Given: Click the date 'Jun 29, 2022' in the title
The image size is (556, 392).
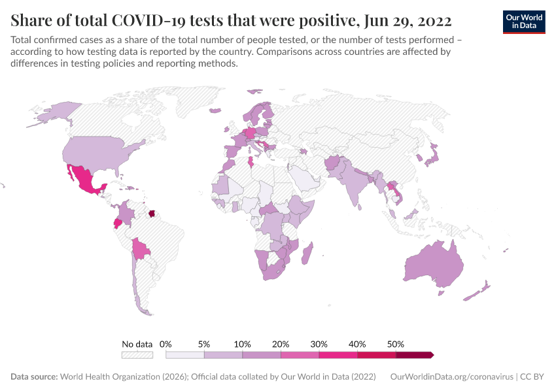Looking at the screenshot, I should (406, 20).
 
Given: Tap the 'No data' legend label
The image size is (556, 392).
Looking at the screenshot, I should (137, 344).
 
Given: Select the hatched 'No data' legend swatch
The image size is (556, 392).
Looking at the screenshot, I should (137, 355).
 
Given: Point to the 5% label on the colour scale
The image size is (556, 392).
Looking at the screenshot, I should (204, 344).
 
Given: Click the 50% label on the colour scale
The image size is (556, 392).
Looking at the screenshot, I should (396, 344).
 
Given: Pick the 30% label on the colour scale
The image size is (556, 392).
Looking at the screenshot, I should (319, 344).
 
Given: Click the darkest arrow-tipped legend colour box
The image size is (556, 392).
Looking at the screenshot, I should (414, 355).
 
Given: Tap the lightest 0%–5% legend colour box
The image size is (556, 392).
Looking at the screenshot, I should (185, 355).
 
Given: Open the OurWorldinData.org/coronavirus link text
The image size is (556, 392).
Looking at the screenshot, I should (451, 377).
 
